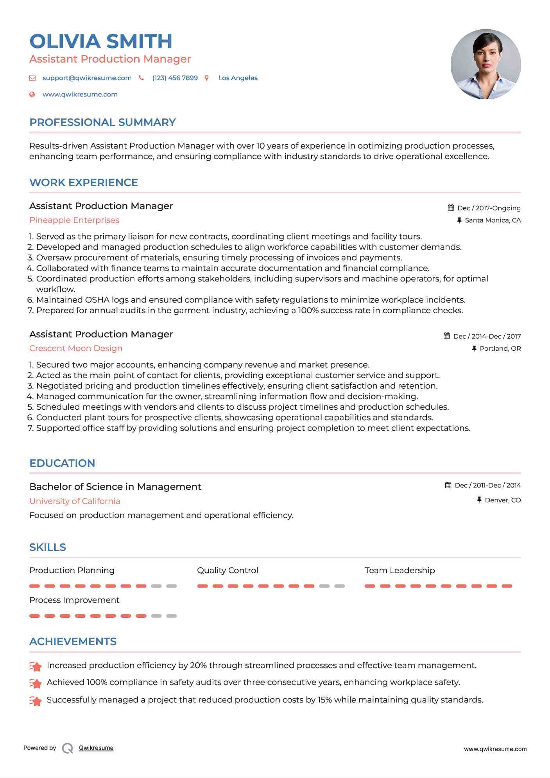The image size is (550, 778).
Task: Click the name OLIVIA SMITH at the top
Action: tap(101, 41)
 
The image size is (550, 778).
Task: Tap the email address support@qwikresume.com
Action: tap(87, 78)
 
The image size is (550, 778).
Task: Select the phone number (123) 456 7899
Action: tap(175, 78)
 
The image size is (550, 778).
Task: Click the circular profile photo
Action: tap(486, 64)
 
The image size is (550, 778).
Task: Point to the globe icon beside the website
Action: tap(32, 94)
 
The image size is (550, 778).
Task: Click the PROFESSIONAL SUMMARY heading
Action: tap(102, 122)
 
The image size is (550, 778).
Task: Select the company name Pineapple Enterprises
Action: tap(74, 220)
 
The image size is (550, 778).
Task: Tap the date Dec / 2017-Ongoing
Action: tap(489, 208)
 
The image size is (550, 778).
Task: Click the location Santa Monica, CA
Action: tap(493, 220)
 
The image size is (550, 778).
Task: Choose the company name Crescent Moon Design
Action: tap(76, 348)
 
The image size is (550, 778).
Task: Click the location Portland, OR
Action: tap(500, 348)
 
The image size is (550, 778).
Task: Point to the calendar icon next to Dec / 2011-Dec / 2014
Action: tap(448, 485)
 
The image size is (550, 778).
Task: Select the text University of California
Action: tap(75, 501)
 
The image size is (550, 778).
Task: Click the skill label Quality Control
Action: tap(228, 570)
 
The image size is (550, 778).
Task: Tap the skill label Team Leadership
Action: tap(400, 570)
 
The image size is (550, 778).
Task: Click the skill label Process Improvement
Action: tap(74, 600)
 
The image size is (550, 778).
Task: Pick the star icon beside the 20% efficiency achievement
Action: tap(36, 666)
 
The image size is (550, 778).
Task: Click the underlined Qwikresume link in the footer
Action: tap(96, 748)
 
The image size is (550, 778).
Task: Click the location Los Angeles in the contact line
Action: tap(238, 78)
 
